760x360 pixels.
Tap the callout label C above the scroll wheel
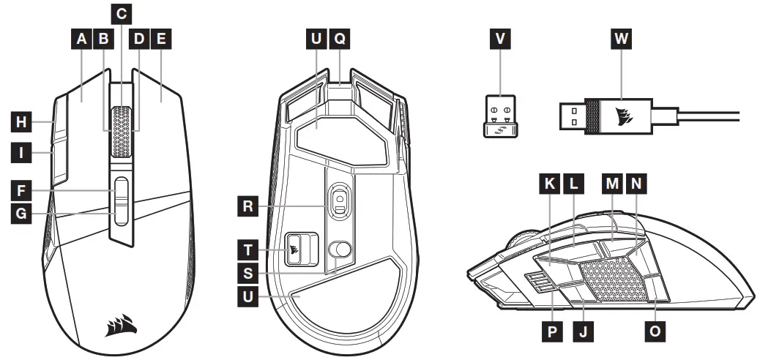pos(122,12)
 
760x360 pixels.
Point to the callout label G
pos(22,215)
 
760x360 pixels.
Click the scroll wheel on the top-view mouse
pos(122,130)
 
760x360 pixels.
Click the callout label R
pos(249,206)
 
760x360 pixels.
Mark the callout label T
pos(249,249)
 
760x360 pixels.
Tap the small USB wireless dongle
pos(500,116)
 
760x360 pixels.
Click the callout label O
pos(655,331)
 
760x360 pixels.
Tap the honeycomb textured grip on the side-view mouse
pos(614,280)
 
